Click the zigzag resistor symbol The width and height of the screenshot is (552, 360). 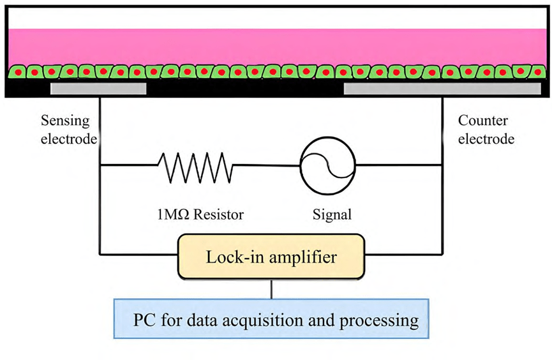tap(195, 168)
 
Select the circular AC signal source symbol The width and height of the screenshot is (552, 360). tap(327, 166)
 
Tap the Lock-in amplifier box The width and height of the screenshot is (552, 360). tap(272, 257)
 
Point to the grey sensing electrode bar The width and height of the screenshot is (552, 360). tap(98, 89)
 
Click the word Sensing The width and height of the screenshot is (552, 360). tap(65, 120)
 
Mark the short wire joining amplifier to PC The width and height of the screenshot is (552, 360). tap(272, 289)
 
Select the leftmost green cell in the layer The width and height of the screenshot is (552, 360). tap(17, 71)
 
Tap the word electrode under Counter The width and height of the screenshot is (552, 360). tap(486, 139)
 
